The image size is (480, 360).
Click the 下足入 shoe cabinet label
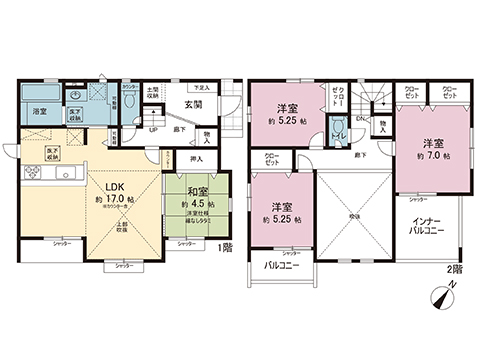click(x=201, y=87)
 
